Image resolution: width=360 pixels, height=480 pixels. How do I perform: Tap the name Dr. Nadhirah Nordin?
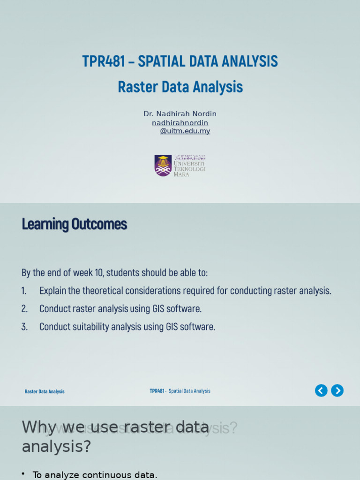[180, 114]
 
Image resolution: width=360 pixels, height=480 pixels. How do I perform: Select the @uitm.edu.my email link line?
[185, 131]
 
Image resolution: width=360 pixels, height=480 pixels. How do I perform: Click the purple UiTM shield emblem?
[163, 165]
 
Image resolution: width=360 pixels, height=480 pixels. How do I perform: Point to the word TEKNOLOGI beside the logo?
[190, 169]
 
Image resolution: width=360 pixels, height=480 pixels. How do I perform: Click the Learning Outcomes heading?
[74, 225]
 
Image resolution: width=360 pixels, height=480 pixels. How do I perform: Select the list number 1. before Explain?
[24, 291]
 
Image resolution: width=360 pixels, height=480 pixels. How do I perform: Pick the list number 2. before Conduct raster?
[24, 309]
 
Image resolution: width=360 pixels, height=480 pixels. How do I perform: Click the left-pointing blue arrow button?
[321, 390]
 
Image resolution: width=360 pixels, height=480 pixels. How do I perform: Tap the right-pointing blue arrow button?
[337, 390]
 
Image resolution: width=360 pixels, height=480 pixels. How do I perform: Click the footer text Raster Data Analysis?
[45, 391]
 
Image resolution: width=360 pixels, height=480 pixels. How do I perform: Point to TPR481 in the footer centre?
[157, 391]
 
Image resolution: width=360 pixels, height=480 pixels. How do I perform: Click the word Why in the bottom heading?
[39, 427]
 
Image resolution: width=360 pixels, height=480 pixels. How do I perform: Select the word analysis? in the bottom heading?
[56, 447]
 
